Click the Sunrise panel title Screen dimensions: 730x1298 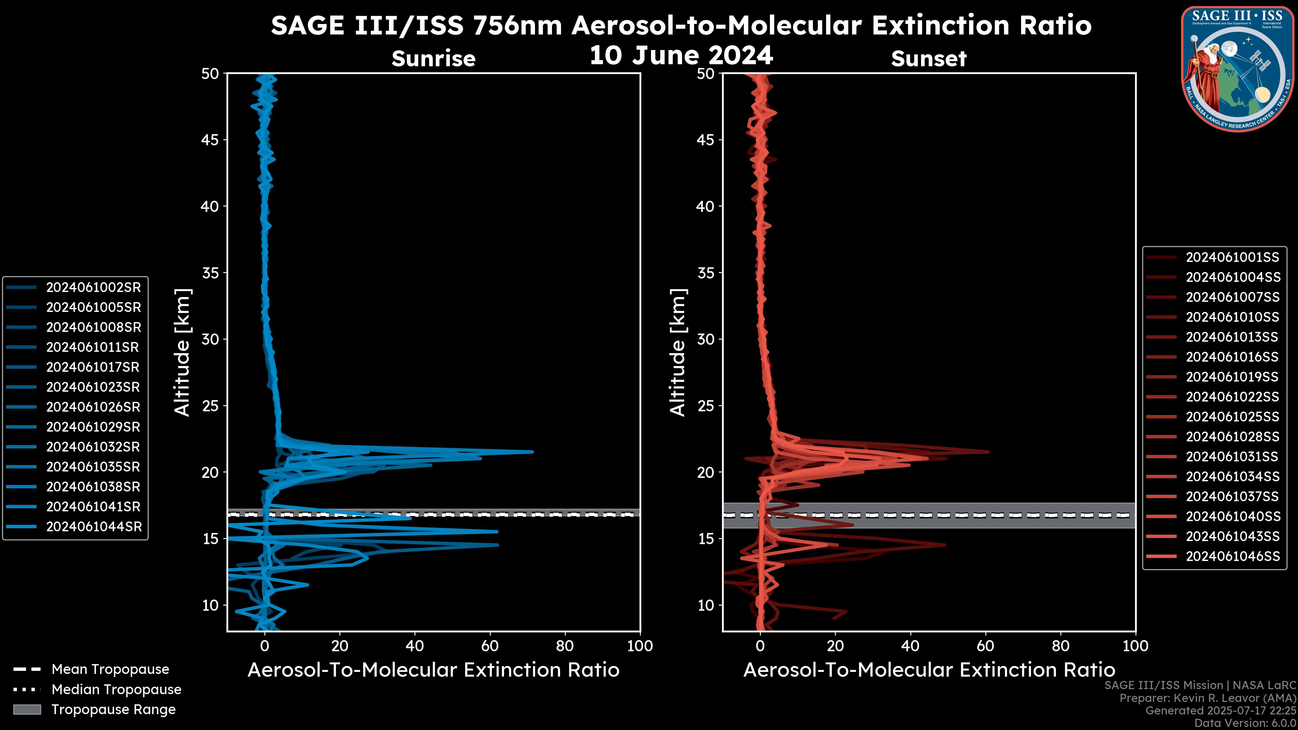(433, 59)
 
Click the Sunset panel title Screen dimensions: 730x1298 (929, 59)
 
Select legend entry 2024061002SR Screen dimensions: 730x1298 (93, 288)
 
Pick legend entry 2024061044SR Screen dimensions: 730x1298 (94, 527)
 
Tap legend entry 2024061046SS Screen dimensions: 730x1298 (1232, 557)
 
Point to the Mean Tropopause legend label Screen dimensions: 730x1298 (110, 670)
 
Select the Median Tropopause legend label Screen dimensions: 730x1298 (116, 690)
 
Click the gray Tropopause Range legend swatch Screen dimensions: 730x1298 (27, 710)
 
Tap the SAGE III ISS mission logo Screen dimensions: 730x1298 (1239, 69)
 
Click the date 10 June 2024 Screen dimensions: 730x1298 (681, 55)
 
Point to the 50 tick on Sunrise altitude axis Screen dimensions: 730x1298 (211, 74)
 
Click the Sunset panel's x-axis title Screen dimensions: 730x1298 (929, 670)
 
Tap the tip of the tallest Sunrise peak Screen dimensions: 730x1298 (533, 452)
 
